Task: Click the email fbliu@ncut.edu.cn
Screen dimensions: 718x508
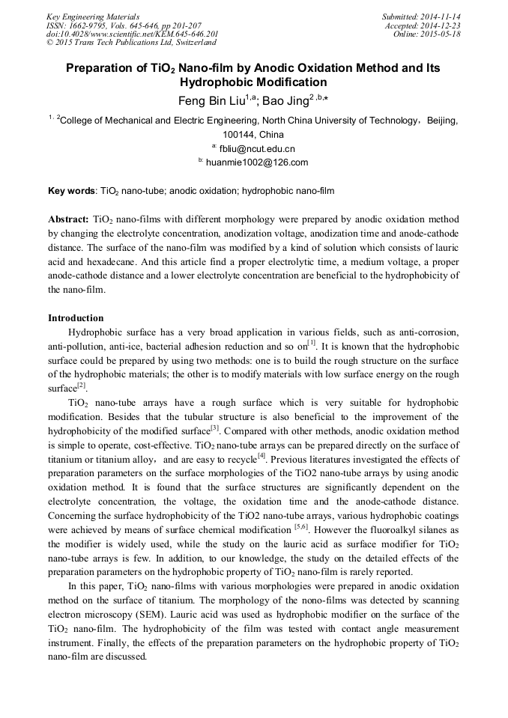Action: tap(257, 148)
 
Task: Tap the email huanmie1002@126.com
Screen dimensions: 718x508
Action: tap(257, 162)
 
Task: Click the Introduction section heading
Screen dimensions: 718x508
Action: tap(76, 318)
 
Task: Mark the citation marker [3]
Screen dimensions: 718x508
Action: tap(214, 428)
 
